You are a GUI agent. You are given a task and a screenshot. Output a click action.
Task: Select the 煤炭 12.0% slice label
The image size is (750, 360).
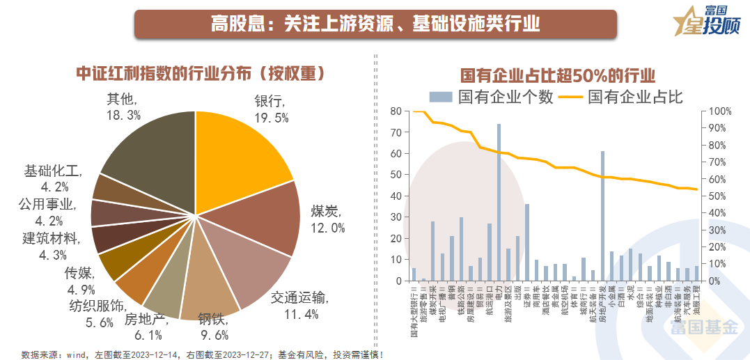[328, 219]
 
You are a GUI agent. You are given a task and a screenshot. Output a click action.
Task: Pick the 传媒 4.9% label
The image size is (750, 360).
[79, 279]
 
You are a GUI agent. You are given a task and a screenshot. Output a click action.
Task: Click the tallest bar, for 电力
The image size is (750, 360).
[499, 203]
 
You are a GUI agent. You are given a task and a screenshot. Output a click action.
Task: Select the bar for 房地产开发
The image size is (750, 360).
[602, 216]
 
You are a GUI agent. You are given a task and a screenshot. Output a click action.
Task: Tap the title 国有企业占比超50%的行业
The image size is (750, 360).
[558, 75]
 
